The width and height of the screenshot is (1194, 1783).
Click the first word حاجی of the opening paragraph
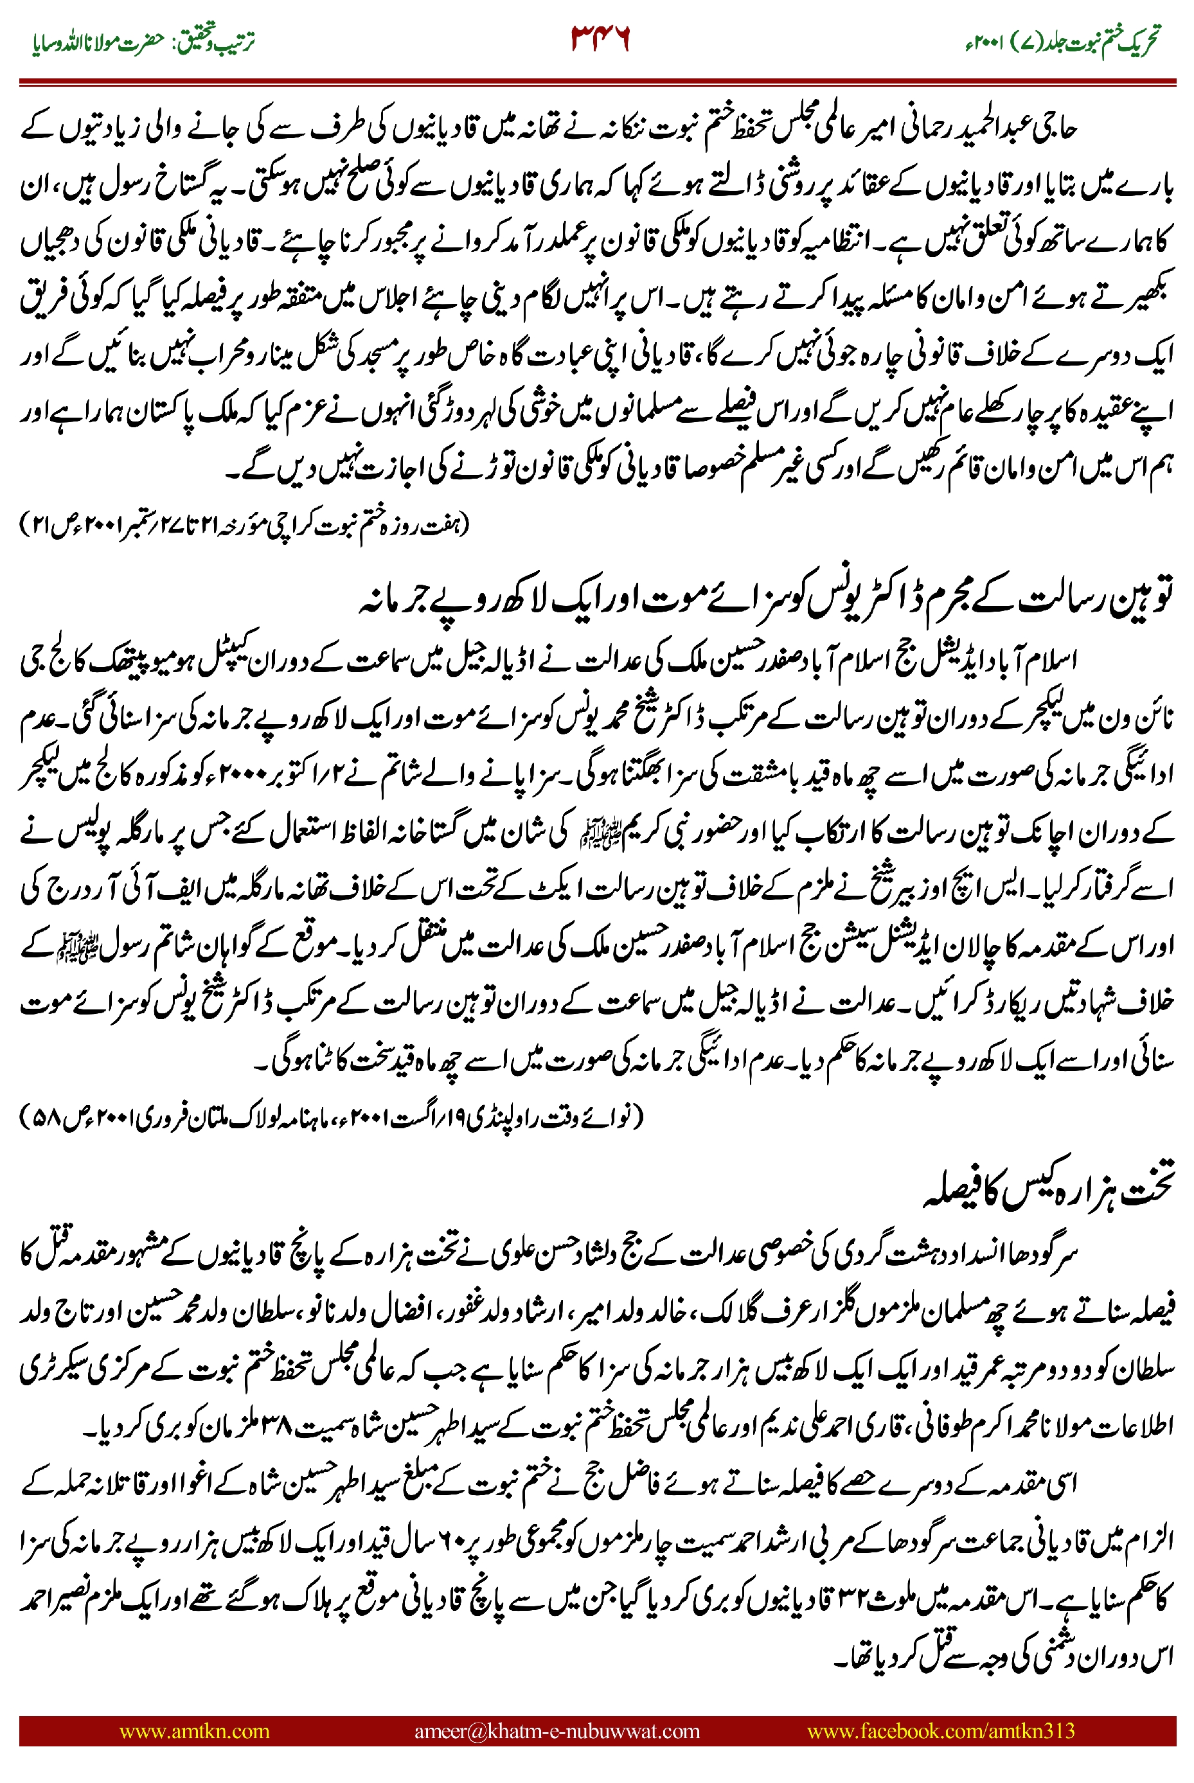point(1055,131)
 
